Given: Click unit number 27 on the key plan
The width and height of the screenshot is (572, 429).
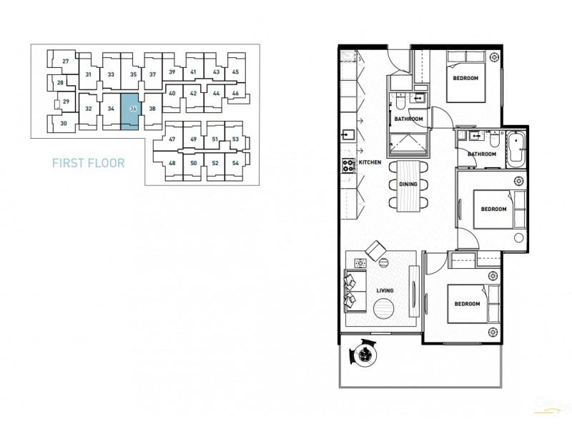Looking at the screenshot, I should tap(66, 61).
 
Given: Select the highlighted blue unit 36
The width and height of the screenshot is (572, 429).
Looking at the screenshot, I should tap(133, 109).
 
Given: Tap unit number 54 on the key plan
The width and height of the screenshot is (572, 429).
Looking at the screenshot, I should tap(235, 163).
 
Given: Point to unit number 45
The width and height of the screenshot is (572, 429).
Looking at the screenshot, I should tap(235, 72).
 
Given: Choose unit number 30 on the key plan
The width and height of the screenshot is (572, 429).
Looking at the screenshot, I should tap(64, 124).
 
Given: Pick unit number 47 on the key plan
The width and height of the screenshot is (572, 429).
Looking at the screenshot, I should tap(172, 139).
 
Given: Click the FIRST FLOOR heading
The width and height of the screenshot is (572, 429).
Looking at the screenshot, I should tap(89, 163).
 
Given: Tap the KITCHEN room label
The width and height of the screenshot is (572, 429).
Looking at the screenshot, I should tap(370, 163).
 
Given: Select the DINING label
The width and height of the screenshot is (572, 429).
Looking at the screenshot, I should tap(408, 184).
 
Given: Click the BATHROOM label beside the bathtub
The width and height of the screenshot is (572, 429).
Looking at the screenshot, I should tap(482, 154).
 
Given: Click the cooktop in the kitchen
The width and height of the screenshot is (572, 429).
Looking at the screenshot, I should tap(349, 166).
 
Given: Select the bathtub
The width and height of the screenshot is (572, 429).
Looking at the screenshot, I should tap(516, 149).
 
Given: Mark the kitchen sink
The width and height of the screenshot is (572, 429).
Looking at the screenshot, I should tap(348, 135).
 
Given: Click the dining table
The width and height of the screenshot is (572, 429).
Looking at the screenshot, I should tap(408, 186).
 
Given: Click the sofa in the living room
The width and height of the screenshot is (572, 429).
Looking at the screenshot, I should tap(351, 290).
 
